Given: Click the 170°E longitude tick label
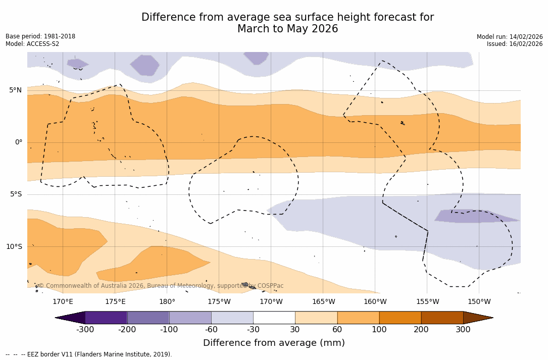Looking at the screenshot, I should click(63, 302).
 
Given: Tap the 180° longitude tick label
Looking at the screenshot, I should click(167, 302).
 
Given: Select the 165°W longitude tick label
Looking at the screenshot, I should click(323, 302).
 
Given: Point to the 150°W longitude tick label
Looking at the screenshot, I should click(479, 302).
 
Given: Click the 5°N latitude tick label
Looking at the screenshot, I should click(15, 90).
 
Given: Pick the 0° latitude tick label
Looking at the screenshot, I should click(18, 142).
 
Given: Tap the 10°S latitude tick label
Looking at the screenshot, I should click(14, 247).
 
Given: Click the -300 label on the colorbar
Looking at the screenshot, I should click(85, 330).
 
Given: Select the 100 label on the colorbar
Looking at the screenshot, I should click(379, 330).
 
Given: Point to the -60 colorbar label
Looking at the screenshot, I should click(211, 330).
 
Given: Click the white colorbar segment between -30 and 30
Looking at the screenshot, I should click(274, 318).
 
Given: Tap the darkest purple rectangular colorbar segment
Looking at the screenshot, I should click(106, 318).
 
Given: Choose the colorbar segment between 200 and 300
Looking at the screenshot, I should click(442, 318).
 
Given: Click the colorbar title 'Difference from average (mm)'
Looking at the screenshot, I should click(274, 343).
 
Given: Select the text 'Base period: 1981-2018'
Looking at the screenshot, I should click(40, 36).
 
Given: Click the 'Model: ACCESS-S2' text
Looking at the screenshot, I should click(32, 44).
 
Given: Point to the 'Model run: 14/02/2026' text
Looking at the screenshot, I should click(510, 37).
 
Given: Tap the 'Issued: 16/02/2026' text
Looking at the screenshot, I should click(515, 44).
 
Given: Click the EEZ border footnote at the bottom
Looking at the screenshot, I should click(89, 354).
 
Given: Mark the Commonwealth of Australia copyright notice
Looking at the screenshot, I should click(161, 286).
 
